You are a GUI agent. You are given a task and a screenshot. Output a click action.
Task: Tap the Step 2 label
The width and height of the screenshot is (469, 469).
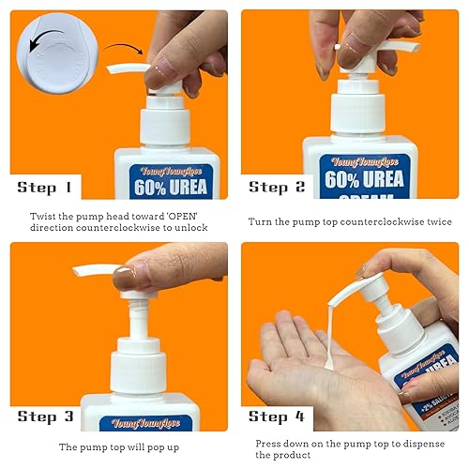coord(278,187)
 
